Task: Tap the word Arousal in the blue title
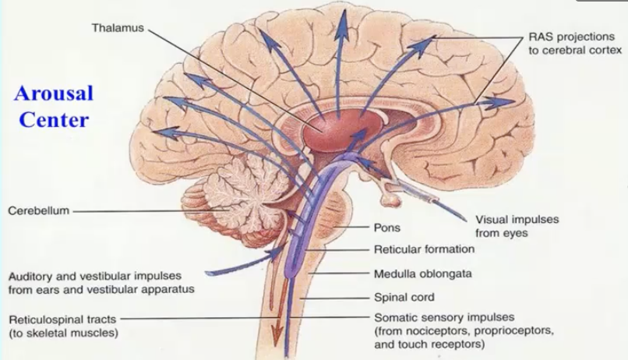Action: click(53, 94)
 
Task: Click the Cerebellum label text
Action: click(38, 210)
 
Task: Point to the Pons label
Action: click(388, 229)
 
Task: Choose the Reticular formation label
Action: click(424, 250)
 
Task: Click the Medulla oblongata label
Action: click(423, 274)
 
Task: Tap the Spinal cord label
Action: click(405, 297)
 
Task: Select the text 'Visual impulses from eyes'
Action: click(517, 226)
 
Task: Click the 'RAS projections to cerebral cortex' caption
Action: click(575, 44)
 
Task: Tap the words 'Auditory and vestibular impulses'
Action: click(94, 276)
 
